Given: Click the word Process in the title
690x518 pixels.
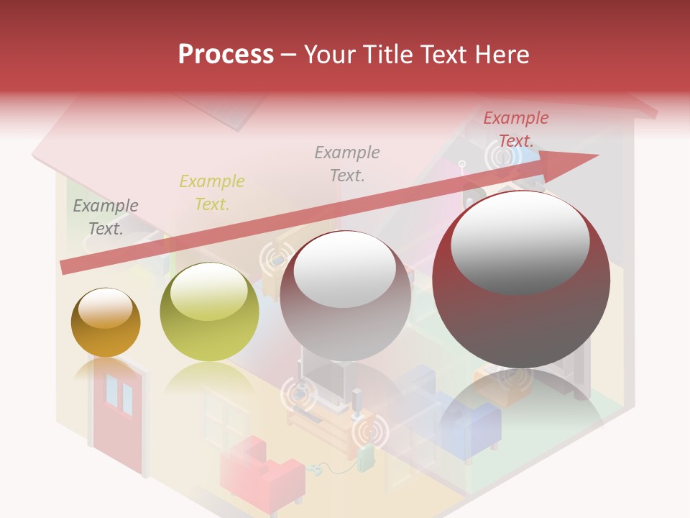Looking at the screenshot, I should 226,55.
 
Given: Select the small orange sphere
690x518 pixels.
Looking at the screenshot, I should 106,322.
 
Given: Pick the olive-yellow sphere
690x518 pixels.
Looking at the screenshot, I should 209,312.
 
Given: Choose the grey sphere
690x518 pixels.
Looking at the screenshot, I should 345,296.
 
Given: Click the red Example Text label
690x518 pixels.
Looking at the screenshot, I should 515,129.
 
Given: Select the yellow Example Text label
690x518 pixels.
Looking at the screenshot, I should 212,192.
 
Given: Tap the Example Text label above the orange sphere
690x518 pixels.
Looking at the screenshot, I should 106,217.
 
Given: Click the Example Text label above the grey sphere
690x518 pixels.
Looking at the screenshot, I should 347,163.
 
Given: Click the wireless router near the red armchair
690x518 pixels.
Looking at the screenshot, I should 367,458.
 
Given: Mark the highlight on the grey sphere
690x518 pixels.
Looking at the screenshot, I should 344,270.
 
